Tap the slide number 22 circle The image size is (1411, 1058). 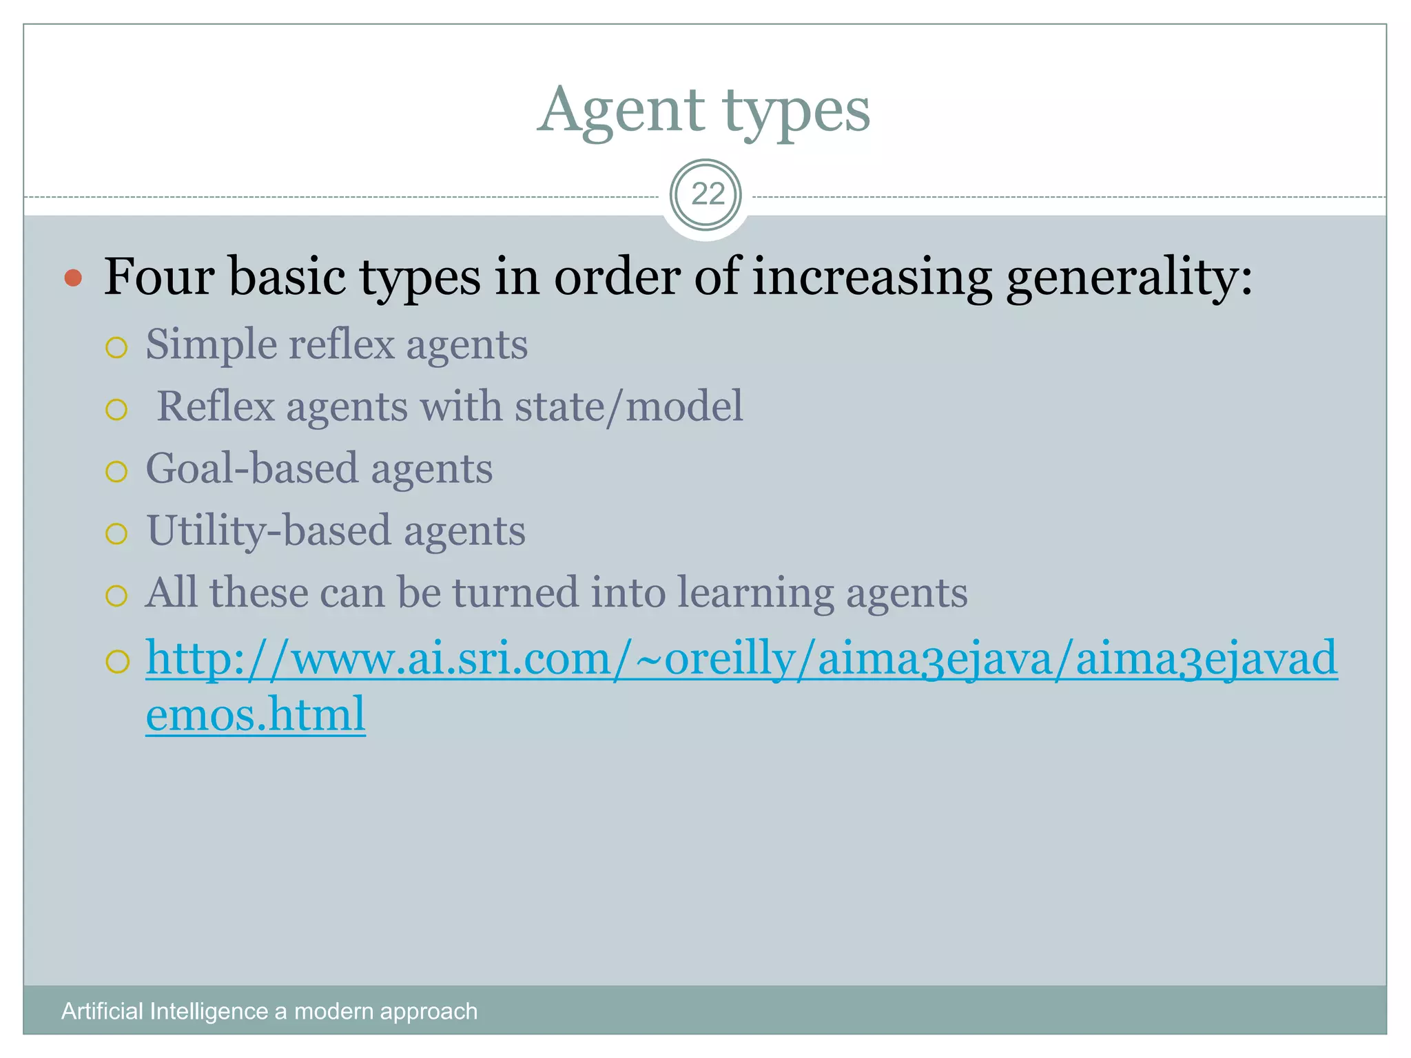pos(705,195)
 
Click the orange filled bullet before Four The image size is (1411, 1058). pos(73,278)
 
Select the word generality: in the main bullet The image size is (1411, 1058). pos(1129,278)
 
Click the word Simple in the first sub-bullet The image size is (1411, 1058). pos(210,345)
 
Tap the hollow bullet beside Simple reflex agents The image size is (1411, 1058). pos(116,348)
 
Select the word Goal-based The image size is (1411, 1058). pos(252,469)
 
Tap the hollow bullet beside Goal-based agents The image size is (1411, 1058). pos(116,472)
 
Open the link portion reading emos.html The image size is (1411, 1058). pos(255,714)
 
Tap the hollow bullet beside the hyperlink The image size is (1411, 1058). pos(117,662)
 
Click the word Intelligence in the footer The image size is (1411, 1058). pos(209,1011)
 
